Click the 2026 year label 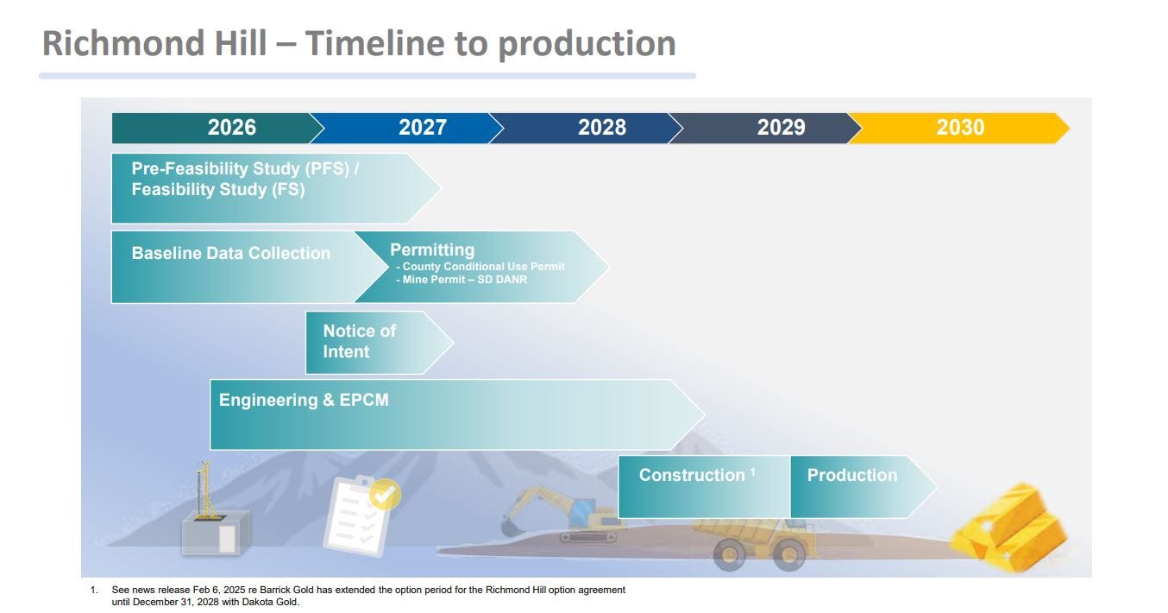231,127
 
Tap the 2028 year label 602,127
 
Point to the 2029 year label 781,127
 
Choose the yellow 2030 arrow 959,128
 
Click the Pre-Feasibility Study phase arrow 276,188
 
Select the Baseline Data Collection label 231,253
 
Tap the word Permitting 432,250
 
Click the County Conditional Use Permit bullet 480,267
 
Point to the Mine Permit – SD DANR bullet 462,280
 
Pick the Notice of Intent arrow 379,342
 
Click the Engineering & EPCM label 304,400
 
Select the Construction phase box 705,487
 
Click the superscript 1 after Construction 752,471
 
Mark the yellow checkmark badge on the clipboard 385,494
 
